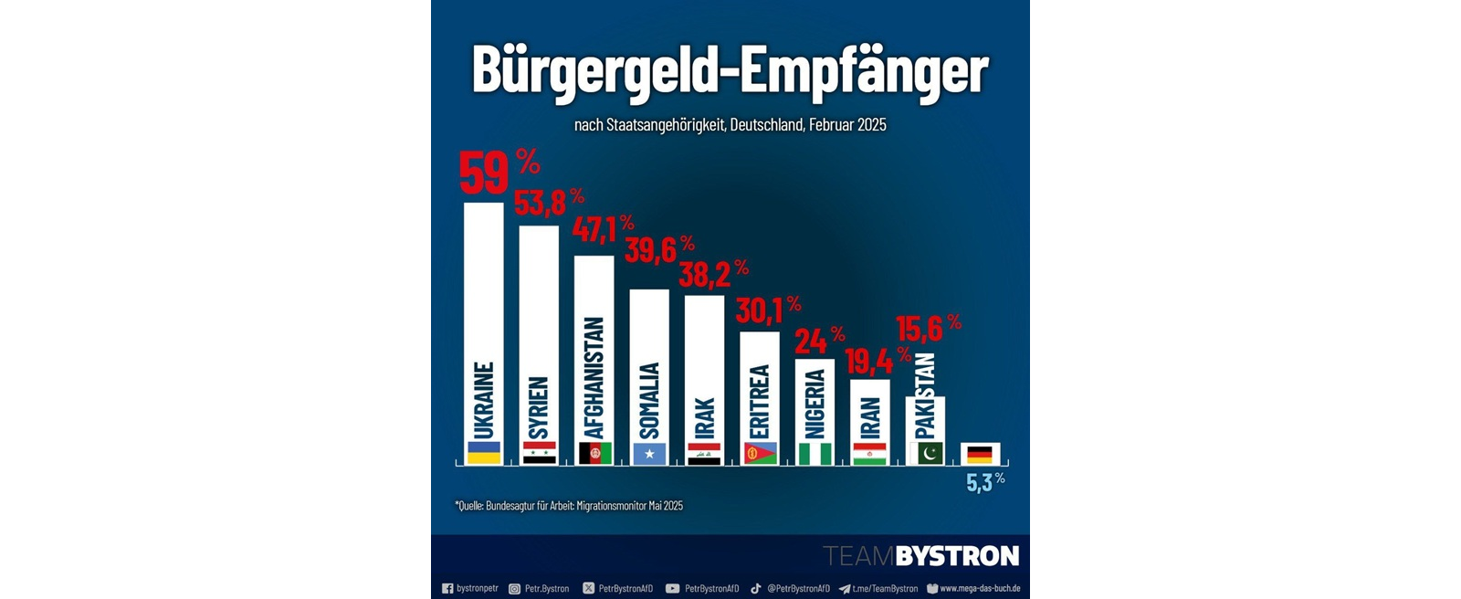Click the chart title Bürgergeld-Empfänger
point(730,70)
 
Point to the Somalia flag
point(649,454)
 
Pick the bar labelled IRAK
point(704,365)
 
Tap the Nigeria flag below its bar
point(815,454)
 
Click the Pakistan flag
point(925,454)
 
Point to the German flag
point(980,454)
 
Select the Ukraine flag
point(484,453)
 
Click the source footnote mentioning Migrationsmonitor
point(569,506)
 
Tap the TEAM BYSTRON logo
point(920,556)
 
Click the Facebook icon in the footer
point(447,589)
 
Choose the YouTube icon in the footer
point(672,589)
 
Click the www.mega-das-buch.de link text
point(980,589)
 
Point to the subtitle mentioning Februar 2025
point(730,125)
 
